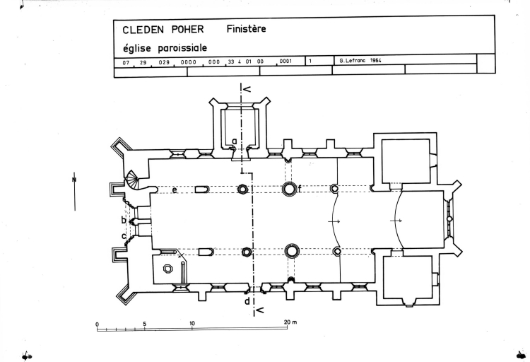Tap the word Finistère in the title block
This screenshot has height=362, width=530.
[247, 30]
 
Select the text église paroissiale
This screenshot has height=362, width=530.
[157, 49]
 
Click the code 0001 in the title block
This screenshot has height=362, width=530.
[285, 62]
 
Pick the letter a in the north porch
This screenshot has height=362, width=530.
[234, 141]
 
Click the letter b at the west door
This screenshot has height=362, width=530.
[123, 220]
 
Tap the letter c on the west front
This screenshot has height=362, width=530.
[124, 235]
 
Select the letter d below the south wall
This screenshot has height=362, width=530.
[247, 302]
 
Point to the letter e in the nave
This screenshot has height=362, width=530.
[174, 189]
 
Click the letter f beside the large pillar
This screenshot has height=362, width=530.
[300, 188]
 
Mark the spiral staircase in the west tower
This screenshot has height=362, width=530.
[134, 183]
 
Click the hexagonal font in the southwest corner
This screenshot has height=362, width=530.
[168, 269]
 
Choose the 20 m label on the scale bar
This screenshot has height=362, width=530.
[290, 323]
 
